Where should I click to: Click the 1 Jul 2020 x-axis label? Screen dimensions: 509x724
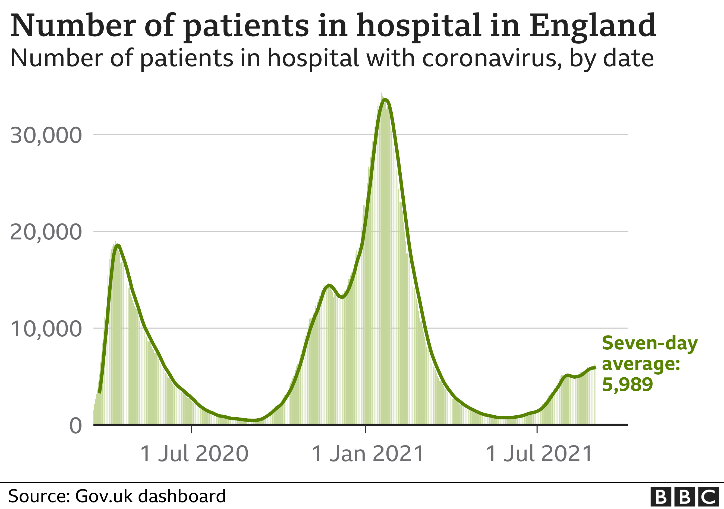194,454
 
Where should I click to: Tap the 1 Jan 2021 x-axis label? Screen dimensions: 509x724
368,454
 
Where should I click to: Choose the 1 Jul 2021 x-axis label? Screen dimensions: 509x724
539,454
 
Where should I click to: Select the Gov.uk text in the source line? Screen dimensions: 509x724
104,496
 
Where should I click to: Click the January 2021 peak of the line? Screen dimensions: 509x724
385,100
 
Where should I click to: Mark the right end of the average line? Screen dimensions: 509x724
595,368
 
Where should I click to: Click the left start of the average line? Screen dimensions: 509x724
99,392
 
